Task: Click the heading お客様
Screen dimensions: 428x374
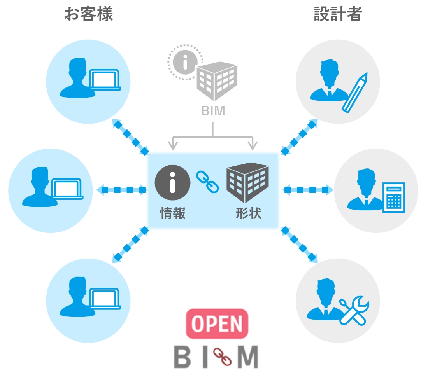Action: tap(88, 14)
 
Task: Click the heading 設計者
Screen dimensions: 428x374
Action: tap(338, 14)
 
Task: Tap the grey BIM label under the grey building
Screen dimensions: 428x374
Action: tap(213, 111)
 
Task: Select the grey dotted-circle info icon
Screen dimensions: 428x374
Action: tap(185, 62)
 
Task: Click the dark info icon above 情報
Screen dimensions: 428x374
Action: tap(172, 182)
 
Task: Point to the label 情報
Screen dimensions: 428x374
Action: tap(172, 213)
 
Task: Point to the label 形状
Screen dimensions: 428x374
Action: tap(248, 213)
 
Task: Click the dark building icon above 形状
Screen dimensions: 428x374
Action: tap(247, 182)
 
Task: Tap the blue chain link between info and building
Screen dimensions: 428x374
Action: tap(207, 182)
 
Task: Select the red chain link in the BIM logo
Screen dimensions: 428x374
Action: tap(222, 357)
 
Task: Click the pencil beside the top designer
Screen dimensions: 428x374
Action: tap(355, 93)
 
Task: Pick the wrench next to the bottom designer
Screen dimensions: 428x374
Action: tap(354, 311)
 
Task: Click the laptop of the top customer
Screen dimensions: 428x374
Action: tap(105, 80)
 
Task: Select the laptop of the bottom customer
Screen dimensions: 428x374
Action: tap(105, 299)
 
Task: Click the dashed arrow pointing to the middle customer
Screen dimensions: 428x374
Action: tap(122, 190)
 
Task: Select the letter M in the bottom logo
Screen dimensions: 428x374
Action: tap(248, 357)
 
